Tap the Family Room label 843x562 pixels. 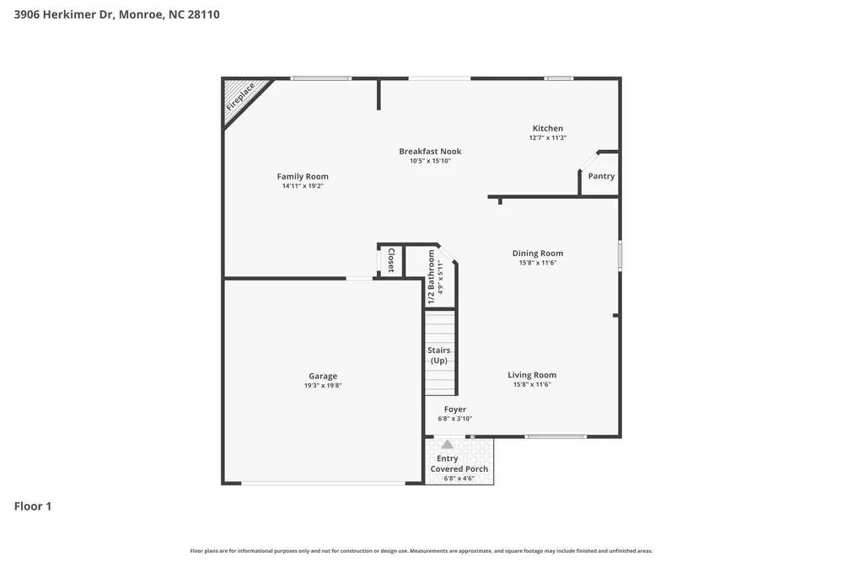point(303,176)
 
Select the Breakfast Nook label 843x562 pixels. point(430,152)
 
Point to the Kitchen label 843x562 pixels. point(547,128)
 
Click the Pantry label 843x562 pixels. point(601,176)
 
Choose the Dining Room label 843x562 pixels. point(538,253)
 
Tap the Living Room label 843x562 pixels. point(532,375)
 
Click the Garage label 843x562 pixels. point(323,376)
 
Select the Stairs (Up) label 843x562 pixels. point(439,355)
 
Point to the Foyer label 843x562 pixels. point(455,409)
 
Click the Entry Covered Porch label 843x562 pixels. point(459,463)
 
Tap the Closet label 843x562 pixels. point(391,260)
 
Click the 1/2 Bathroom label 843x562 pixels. point(432,270)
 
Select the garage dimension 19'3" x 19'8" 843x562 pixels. point(323,386)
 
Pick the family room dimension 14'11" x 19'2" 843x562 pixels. point(303,185)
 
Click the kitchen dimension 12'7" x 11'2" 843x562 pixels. point(547,137)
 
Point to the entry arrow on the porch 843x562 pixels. point(448,444)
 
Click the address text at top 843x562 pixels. point(117,14)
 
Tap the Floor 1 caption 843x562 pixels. point(33,506)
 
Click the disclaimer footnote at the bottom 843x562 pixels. point(421,551)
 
